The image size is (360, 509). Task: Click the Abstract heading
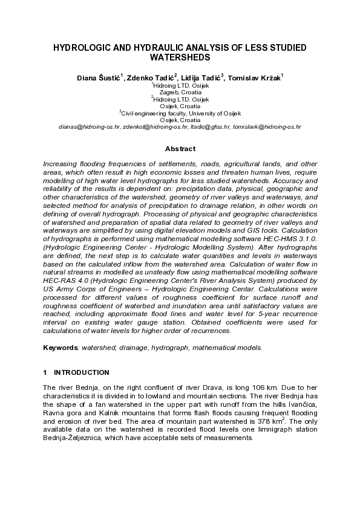coord(180,149)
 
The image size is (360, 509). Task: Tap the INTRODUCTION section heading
coord(82,372)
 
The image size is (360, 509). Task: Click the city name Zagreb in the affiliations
coord(168,92)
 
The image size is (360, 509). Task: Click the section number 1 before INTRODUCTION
coord(45,372)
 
